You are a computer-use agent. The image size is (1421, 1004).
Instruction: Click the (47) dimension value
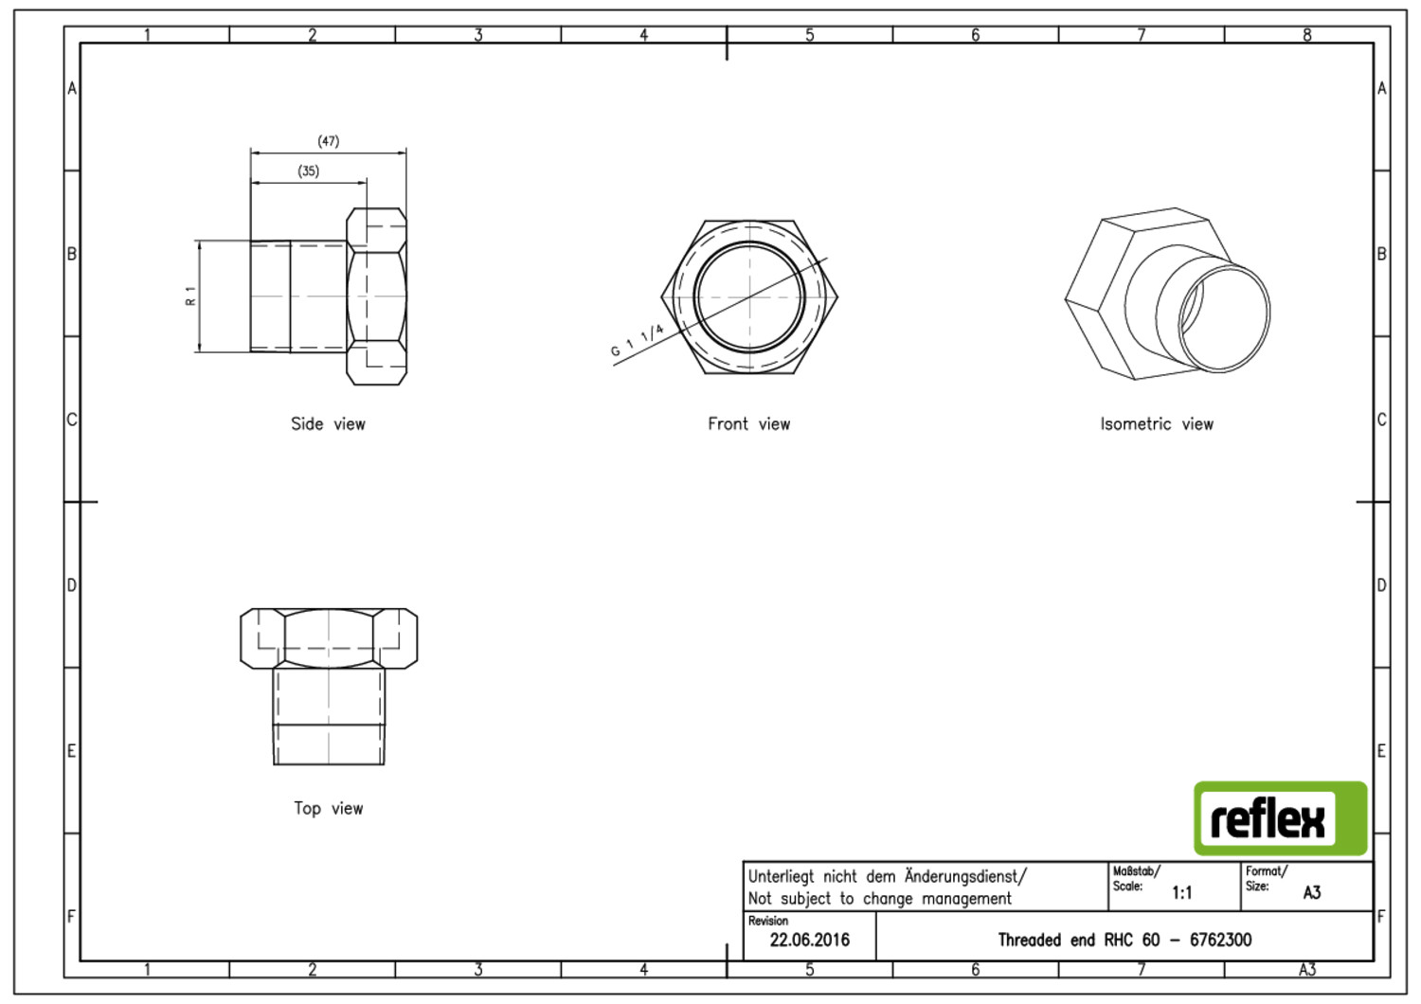pos(328,141)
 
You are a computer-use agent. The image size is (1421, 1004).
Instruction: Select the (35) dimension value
pos(308,171)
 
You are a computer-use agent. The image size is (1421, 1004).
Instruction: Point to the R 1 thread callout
pos(190,296)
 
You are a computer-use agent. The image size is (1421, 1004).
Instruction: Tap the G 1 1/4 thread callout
pos(637,341)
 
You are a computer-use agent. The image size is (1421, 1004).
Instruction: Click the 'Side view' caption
pos(328,423)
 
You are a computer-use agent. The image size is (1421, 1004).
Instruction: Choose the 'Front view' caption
pos(748,423)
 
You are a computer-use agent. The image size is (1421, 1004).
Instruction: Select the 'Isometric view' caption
pos(1157,423)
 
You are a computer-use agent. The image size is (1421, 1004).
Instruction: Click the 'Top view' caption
pos(328,808)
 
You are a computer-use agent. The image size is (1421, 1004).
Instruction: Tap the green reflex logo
pos(1280,818)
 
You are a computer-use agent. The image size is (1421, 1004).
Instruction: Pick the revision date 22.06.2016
pos(809,940)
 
